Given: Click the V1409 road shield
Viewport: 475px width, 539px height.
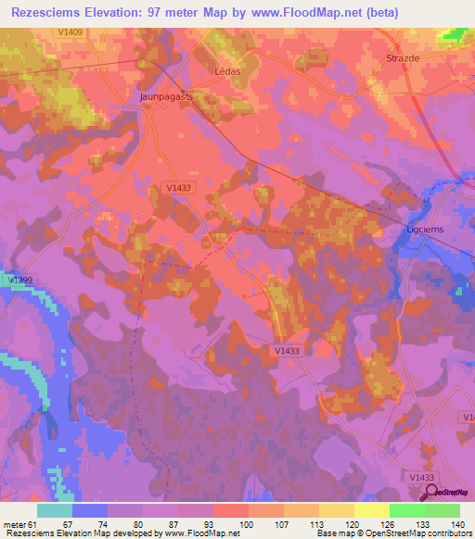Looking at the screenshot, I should point(69,32).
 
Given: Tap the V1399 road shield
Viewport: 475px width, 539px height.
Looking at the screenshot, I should point(18,279).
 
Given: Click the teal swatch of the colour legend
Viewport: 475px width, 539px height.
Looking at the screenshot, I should point(55,510).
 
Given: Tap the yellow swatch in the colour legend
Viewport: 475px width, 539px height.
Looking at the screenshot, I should point(371,510).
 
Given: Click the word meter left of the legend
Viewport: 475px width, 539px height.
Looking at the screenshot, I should point(15,525).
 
